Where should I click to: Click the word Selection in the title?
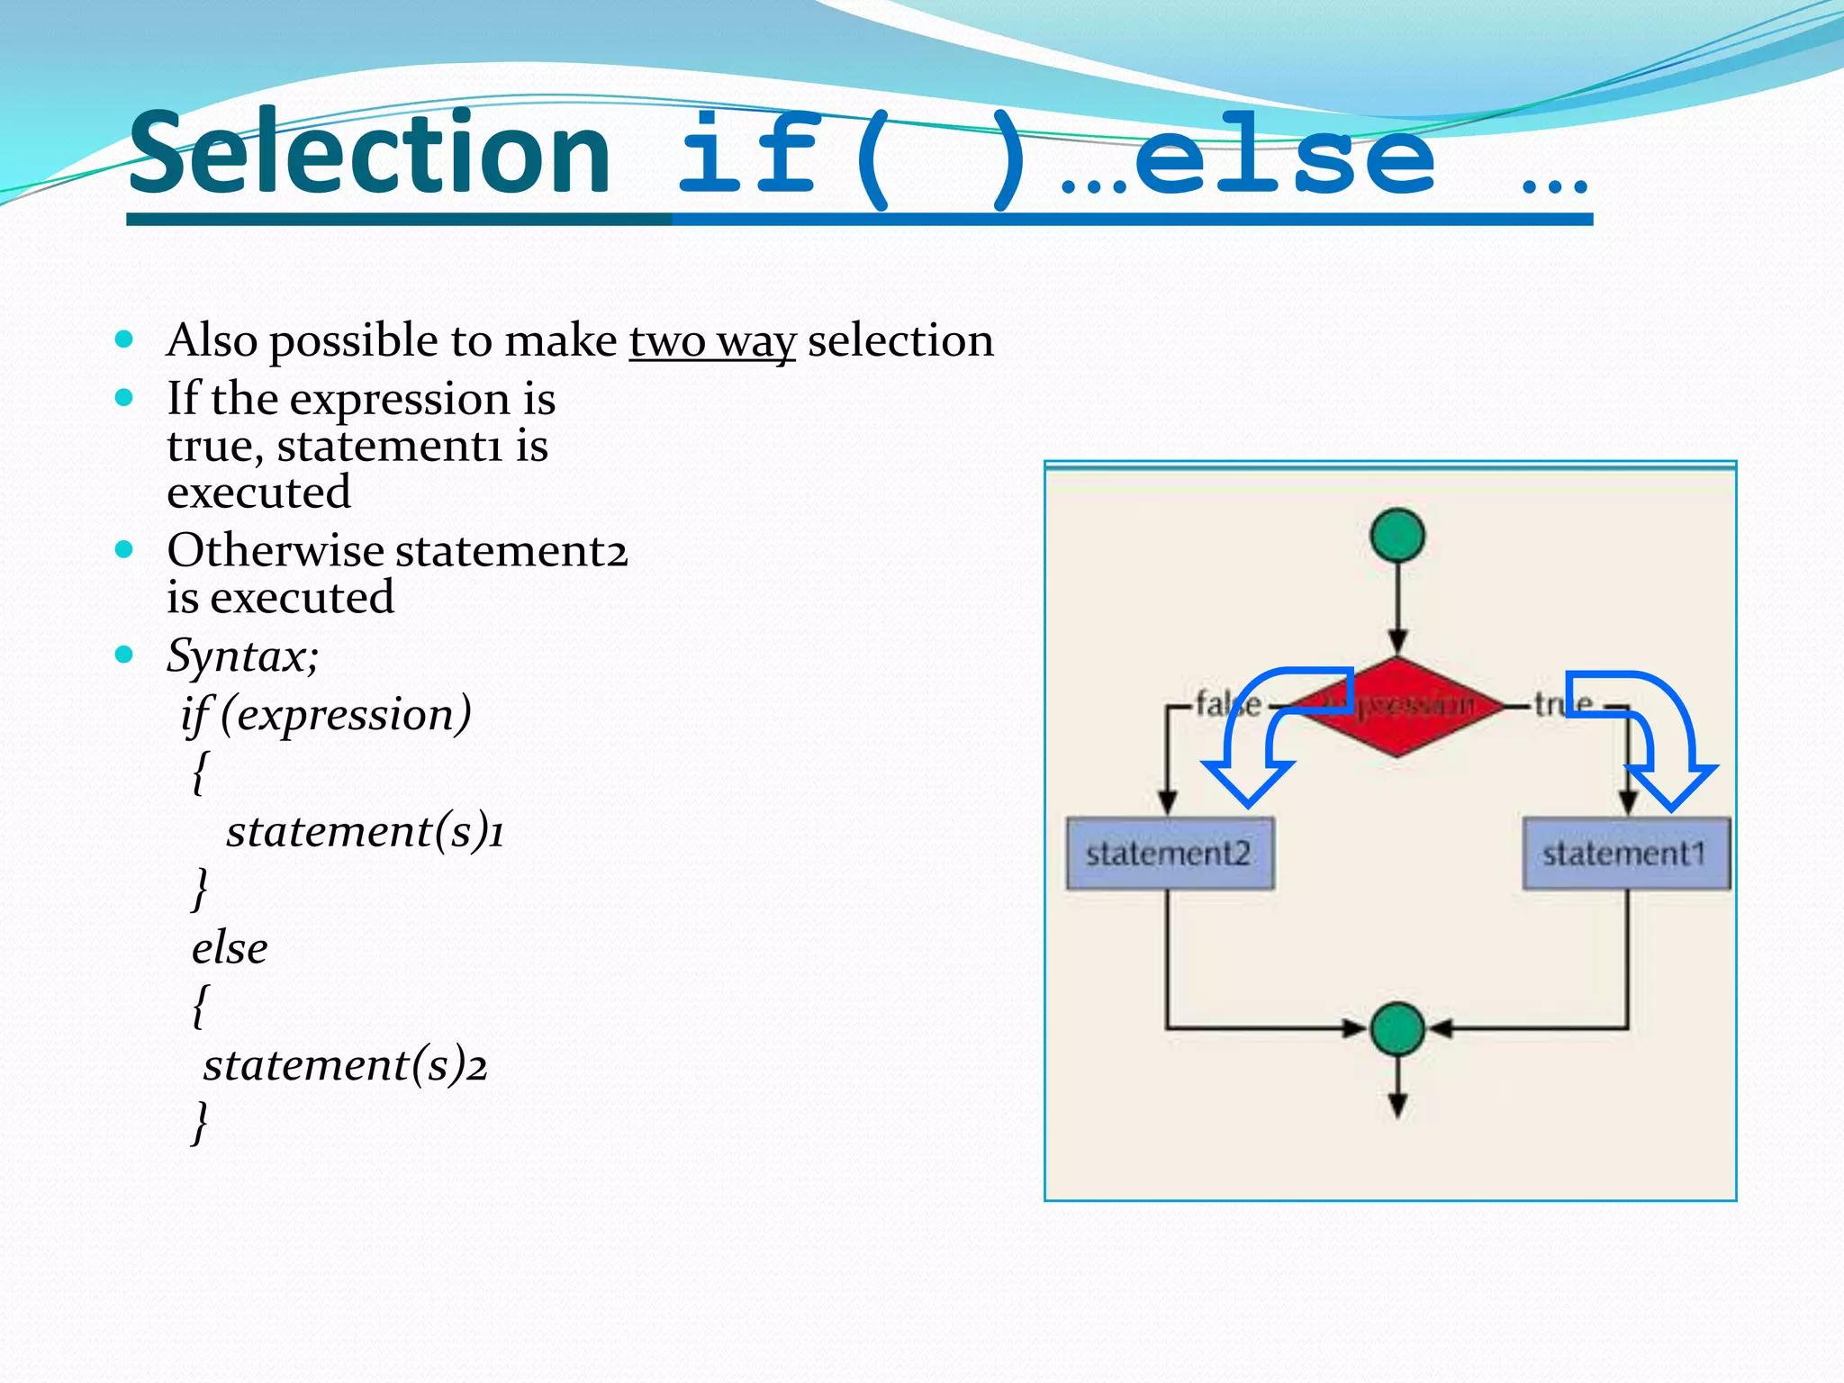(x=369, y=153)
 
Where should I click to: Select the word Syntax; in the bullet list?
(x=242, y=655)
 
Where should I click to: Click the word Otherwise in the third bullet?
(x=276, y=550)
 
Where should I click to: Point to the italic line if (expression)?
(x=326, y=715)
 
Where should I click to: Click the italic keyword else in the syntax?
(x=230, y=948)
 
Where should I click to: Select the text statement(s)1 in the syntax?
(x=365, y=831)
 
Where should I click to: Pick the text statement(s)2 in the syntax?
(x=345, y=1065)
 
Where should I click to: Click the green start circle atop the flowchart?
(x=1397, y=536)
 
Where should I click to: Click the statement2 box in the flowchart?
(x=1169, y=854)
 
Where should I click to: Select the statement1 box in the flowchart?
(x=1626, y=854)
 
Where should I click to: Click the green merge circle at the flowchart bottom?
(x=1397, y=1028)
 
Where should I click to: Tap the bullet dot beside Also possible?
(x=124, y=340)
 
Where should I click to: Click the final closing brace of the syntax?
(x=200, y=1123)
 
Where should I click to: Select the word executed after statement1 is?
(x=259, y=493)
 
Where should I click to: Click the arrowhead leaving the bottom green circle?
(x=1397, y=1106)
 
